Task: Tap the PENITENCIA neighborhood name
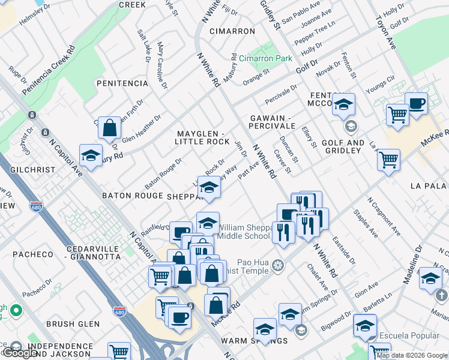122,83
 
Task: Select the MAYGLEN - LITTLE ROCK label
202,137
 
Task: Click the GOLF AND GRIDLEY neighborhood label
343,146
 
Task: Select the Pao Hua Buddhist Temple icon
277,265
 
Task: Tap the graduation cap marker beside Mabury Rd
91,156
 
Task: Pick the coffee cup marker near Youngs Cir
416,103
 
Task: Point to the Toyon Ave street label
384,29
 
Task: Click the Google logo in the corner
20,353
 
